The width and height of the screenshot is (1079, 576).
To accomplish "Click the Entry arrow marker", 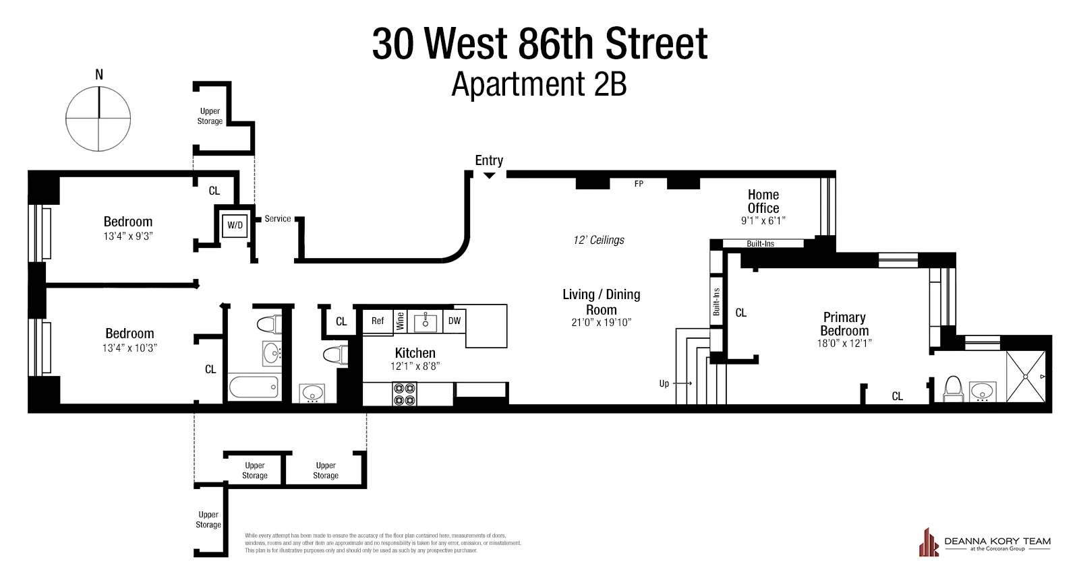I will click(x=490, y=175).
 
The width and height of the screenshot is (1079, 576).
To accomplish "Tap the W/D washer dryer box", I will click(x=235, y=225).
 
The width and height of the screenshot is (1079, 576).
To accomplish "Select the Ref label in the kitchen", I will click(x=378, y=321).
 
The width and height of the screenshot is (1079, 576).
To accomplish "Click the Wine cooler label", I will click(x=400, y=321).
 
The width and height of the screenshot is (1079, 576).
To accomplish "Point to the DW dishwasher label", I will click(x=455, y=321).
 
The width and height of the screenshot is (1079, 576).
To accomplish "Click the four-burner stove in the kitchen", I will click(x=405, y=393).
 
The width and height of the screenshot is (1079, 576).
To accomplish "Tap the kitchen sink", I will click(x=426, y=322).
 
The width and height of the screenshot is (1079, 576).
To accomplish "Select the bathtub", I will click(x=254, y=387).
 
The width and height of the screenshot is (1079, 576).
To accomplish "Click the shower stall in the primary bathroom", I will click(x=1026, y=377).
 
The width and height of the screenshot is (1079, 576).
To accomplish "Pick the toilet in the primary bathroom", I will click(x=953, y=389).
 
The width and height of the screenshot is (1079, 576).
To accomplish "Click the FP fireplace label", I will click(x=639, y=183).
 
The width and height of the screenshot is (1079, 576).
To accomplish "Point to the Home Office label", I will click(x=763, y=201).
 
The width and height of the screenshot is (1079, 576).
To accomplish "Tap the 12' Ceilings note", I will click(x=599, y=240).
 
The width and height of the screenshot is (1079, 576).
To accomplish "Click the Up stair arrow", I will click(x=682, y=383).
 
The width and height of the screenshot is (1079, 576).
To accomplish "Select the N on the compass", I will click(x=99, y=75).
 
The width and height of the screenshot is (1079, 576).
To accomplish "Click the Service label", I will click(x=278, y=219).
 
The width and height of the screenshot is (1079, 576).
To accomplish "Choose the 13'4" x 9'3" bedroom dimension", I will click(x=128, y=236).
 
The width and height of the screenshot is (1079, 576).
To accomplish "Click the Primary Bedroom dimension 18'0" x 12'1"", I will click(x=844, y=343).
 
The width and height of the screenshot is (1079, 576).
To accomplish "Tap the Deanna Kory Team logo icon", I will click(x=929, y=543).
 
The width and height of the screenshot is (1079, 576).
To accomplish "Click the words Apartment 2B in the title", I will click(x=539, y=85).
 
